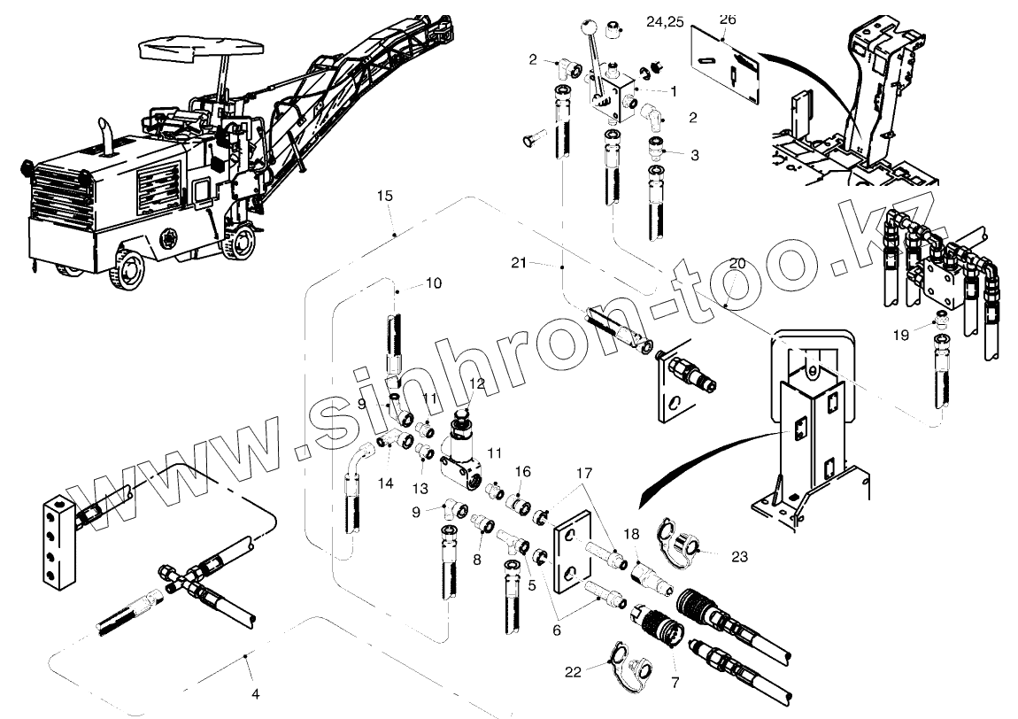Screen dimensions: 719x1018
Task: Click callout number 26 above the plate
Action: (727, 19)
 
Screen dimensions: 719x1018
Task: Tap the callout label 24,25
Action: (665, 22)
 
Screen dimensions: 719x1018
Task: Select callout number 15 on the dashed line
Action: (383, 195)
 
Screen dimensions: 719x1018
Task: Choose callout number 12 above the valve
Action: (476, 383)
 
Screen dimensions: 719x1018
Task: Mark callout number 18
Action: (630, 535)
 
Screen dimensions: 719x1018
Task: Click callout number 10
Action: (433, 283)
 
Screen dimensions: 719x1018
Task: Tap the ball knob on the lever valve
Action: (587, 28)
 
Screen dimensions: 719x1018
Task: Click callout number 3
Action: (694, 155)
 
